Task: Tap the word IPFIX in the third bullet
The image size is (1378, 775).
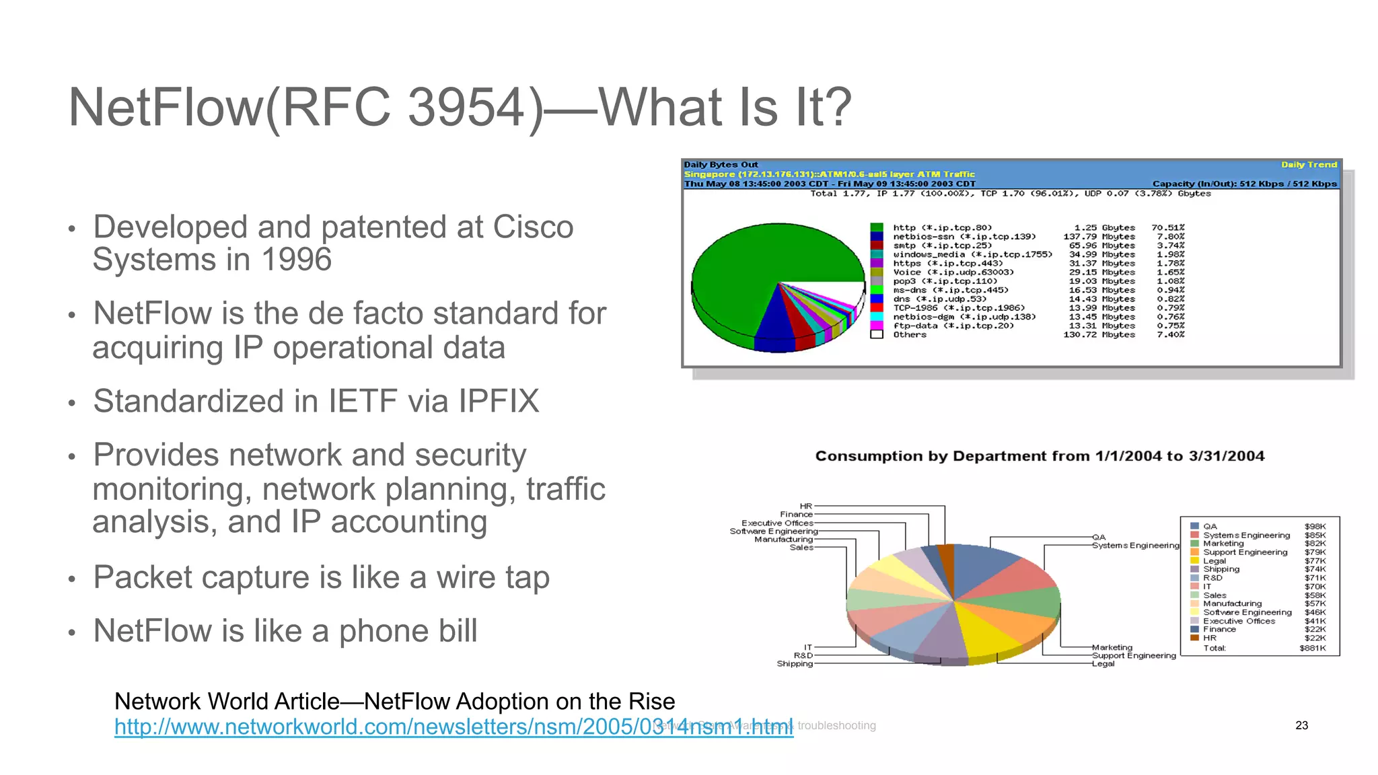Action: coord(499,402)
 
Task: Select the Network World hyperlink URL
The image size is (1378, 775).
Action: coord(454,727)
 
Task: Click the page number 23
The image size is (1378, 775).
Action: coord(1301,725)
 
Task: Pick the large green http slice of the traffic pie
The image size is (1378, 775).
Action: coord(754,269)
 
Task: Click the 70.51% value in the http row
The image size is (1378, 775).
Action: coord(1167,228)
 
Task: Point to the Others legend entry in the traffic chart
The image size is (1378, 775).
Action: coord(910,334)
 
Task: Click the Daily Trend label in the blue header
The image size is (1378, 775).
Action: coord(1309,165)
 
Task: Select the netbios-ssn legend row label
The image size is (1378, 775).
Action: coord(964,237)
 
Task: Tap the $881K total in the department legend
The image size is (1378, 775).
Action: coord(1312,649)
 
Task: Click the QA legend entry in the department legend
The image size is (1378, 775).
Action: coord(1210,527)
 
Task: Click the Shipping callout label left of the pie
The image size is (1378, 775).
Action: coord(795,664)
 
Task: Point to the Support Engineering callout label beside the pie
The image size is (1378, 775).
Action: coord(1134,655)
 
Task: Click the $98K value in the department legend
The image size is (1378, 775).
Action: coord(1315,527)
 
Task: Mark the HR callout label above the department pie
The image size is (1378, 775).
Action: coord(805,506)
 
